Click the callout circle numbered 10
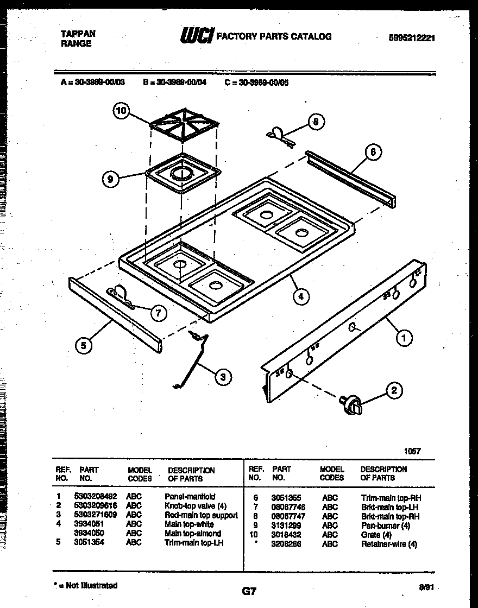pos(122,111)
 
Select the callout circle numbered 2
pos(394,390)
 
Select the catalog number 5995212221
pos(412,38)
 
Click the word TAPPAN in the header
pos(78,34)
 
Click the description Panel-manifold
pos(190,497)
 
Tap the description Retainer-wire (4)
pos(389,543)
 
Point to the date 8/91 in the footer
pos(427,587)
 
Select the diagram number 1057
pos(412,451)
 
